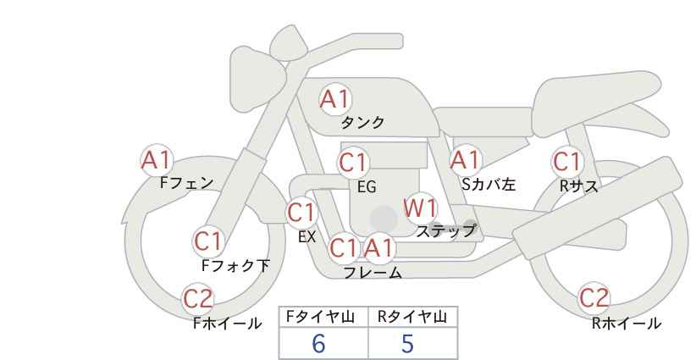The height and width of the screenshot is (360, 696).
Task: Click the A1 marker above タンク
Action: tap(335, 99)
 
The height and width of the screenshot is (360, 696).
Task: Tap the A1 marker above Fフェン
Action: tap(156, 160)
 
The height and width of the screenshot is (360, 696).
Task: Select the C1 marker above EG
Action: tap(353, 163)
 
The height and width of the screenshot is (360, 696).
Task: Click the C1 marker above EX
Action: tap(301, 213)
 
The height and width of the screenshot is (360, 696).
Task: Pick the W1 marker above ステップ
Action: tap(420, 208)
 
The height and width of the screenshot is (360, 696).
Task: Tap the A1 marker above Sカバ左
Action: tap(466, 160)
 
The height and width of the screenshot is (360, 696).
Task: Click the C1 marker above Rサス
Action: tap(567, 162)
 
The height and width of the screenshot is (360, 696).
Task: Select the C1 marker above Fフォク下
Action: tap(208, 241)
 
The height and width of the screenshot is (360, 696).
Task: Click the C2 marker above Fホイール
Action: tap(198, 299)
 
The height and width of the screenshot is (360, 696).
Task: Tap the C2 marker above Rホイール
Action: tap(594, 298)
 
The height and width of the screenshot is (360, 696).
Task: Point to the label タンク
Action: tap(362, 123)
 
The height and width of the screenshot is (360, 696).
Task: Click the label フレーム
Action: tap(373, 273)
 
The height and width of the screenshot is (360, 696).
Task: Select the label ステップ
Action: tap(445, 231)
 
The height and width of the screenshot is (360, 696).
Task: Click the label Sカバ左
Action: tap(489, 184)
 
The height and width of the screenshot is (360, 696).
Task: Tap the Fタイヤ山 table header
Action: tap(320, 317)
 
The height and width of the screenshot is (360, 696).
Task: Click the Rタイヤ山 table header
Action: tap(412, 317)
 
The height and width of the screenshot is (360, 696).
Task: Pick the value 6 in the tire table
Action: tap(318, 343)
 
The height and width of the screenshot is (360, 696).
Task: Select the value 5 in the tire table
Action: tap(407, 343)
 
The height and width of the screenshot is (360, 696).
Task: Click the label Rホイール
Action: tap(627, 324)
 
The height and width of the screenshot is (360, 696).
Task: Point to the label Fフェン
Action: tap(186, 183)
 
